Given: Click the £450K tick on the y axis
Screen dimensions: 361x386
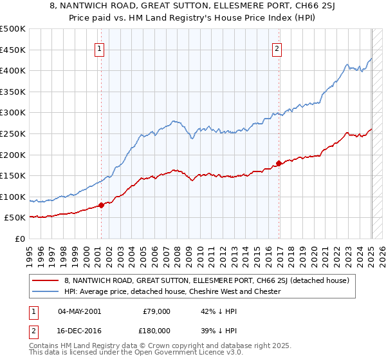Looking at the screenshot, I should click(x=13, y=50).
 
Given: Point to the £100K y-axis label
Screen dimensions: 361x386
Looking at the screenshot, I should click(x=13, y=197).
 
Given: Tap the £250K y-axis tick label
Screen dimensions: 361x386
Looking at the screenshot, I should click(x=13, y=133).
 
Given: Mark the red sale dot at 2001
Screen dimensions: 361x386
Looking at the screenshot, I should click(x=101, y=206).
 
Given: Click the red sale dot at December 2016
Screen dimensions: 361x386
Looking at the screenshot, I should click(x=278, y=163).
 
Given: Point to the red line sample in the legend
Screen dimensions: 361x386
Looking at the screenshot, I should click(x=46, y=280).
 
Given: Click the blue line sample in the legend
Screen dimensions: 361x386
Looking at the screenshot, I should click(x=46, y=291).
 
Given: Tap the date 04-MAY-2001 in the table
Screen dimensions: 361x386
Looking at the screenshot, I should click(x=80, y=311).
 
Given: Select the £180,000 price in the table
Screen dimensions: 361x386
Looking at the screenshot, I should click(x=157, y=330).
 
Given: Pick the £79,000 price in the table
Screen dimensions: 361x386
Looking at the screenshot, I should click(x=157, y=311).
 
